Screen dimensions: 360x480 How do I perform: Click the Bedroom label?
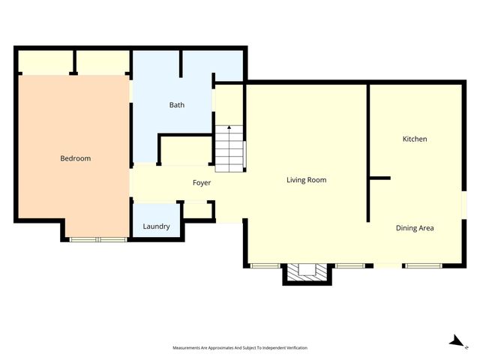click(x=75, y=158)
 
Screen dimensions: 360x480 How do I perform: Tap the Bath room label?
click(x=176, y=105)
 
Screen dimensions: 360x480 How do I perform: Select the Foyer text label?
click(x=202, y=183)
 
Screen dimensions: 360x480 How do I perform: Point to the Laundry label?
click(x=156, y=226)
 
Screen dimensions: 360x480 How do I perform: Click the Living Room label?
click(x=306, y=180)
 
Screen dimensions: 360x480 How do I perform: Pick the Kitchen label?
click(x=415, y=139)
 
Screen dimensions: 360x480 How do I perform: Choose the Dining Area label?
click(x=415, y=228)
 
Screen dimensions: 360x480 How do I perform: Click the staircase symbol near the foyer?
click(x=230, y=149)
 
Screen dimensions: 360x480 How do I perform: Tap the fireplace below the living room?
click(x=306, y=272)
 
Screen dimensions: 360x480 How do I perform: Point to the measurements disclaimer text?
click(x=240, y=348)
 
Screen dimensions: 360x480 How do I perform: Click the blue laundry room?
click(x=156, y=221)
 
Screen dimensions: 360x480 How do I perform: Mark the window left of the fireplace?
click(x=265, y=265)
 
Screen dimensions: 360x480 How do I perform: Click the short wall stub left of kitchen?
click(x=379, y=178)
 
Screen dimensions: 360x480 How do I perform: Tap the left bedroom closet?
click(x=44, y=61)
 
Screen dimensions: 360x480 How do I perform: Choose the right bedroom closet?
click(x=103, y=61)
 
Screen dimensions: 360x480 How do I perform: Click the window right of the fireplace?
click(x=349, y=265)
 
